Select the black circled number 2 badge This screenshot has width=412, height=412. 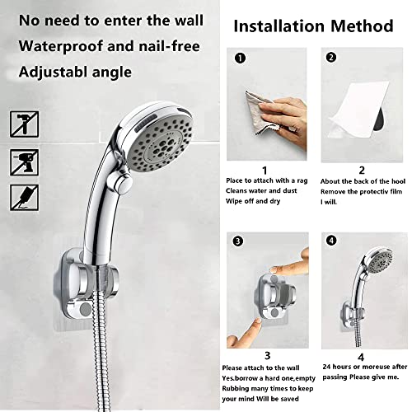(x=331, y=59)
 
